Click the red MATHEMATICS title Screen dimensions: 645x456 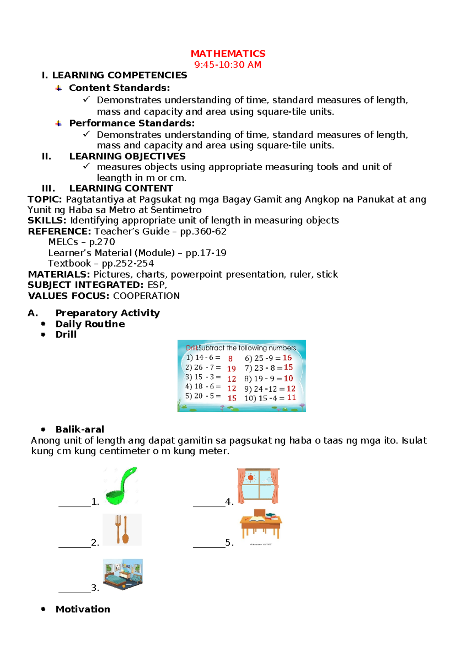pos(228,54)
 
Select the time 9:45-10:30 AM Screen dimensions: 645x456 pos(228,65)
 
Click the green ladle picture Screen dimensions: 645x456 pos(120,486)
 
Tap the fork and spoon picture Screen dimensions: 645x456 pos(122,529)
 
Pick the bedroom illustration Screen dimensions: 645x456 pos(123,574)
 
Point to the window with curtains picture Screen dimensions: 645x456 pos(258,486)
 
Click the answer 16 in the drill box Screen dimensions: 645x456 pos(287,358)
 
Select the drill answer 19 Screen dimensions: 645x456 pos(231,369)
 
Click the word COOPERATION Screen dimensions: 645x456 pos(146,296)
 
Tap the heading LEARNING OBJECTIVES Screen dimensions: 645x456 pos(127,156)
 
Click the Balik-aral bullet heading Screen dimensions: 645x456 pos(80,429)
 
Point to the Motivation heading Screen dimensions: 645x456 pos(83,609)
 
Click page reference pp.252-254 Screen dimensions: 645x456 pos(128,263)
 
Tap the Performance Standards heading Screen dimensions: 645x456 pos(132,123)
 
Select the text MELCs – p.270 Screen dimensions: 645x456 pos(82,242)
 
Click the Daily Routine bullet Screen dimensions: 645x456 pos(90,324)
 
